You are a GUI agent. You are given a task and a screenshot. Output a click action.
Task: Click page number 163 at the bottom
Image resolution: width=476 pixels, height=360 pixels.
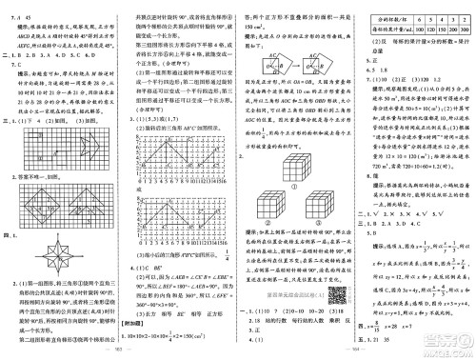(118, 354)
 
